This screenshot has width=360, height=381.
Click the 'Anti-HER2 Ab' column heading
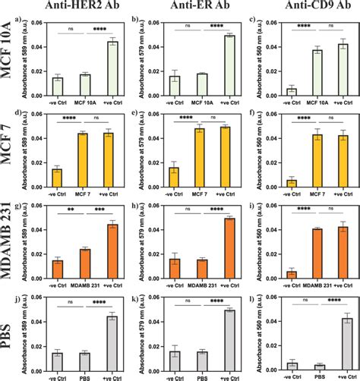click(74, 8)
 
